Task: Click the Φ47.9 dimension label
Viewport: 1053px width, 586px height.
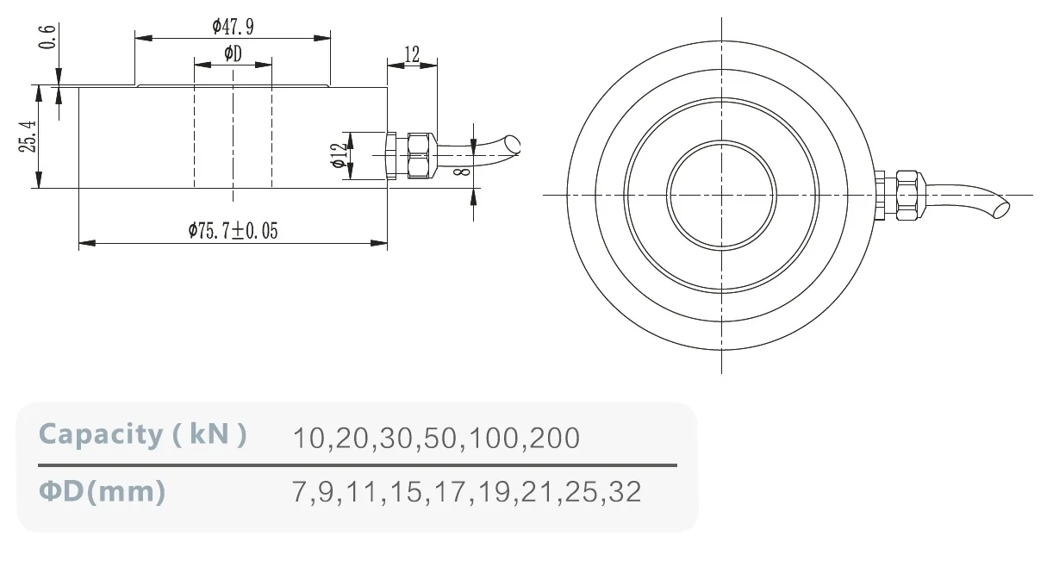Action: [x=234, y=27]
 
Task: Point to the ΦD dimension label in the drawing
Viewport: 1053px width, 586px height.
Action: [x=234, y=53]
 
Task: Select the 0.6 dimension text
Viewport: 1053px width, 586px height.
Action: [x=47, y=37]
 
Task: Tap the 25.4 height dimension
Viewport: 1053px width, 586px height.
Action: [x=28, y=136]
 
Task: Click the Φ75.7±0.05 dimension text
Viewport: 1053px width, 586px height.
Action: [x=234, y=230]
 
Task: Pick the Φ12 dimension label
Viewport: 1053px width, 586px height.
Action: [x=340, y=156]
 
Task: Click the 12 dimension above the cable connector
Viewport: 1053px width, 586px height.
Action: [x=412, y=54]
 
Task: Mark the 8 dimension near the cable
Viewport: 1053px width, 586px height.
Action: [x=462, y=171]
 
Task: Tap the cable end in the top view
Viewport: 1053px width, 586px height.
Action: [x=1000, y=209]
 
